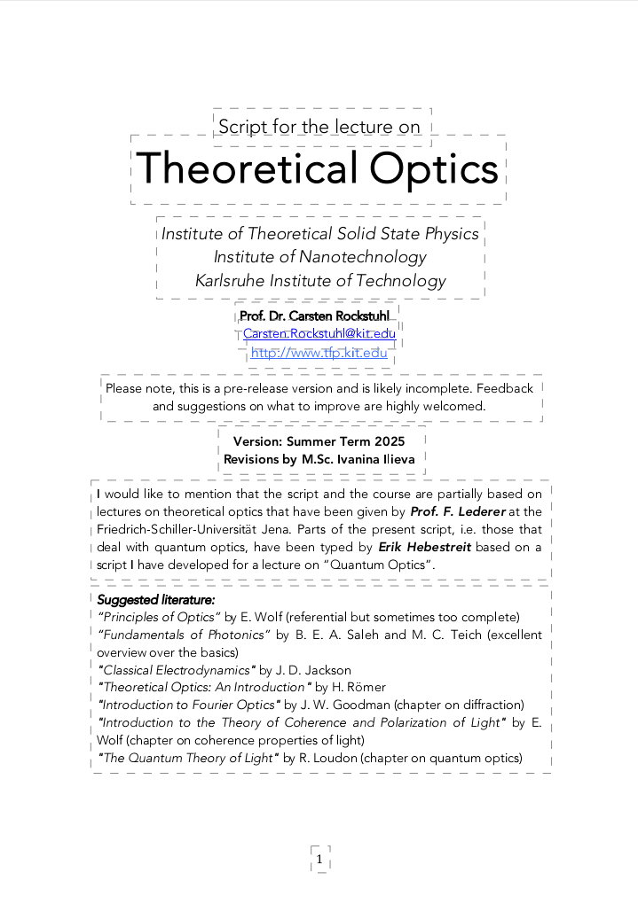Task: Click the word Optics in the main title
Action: (x=434, y=168)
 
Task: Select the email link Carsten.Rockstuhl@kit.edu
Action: (x=319, y=333)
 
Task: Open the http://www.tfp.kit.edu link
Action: (x=319, y=353)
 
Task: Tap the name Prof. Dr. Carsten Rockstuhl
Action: (x=314, y=316)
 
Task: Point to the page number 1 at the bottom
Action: (x=319, y=859)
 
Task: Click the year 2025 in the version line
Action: (x=389, y=441)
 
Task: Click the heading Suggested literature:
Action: (x=150, y=600)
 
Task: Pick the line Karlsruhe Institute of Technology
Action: (x=320, y=281)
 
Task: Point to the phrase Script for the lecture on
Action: (x=319, y=127)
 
